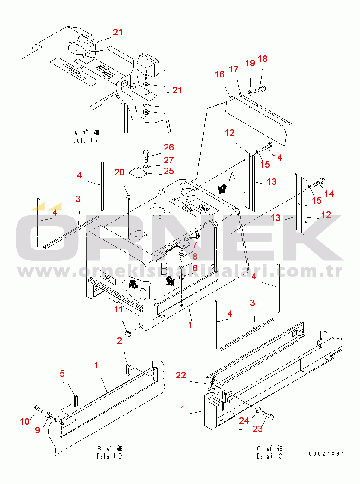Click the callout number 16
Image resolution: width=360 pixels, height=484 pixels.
coord(220,74)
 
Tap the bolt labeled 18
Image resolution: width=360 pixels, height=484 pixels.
coord(259,90)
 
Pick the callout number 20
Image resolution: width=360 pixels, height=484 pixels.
coord(119,172)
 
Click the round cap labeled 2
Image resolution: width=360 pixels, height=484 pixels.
coord(127,333)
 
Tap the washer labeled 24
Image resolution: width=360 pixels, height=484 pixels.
coord(257,411)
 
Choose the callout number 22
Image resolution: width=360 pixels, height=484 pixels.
coord(181,376)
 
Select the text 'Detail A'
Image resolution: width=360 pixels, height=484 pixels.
coord(86,140)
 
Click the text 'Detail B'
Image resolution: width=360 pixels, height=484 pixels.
coord(109,456)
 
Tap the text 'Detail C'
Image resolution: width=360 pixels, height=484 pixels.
coord(269,456)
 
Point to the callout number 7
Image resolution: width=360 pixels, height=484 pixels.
coord(195,245)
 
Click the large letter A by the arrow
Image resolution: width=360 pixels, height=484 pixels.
coord(232,177)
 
